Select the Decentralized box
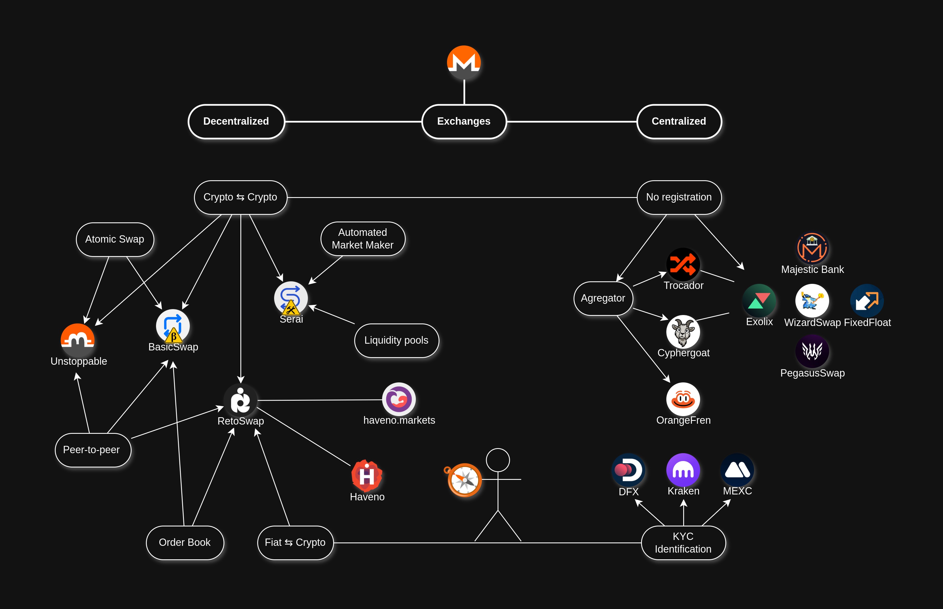pyautogui.click(x=236, y=121)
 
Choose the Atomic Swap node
pyautogui.click(x=115, y=239)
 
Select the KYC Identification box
pyautogui.click(x=683, y=542)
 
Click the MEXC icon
pyautogui.click(x=737, y=470)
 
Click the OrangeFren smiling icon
pyautogui.click(x=683, y=399)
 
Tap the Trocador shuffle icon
pyautogui.click(x=683, y=264)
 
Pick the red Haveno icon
pyautogui.click(x=367, y=475)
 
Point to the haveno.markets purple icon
pyautogui.click(x=399, y=399)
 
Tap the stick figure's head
pyautogui.click(x=498, y=460)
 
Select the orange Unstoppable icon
pyautogui.click(x=78, y=340)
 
